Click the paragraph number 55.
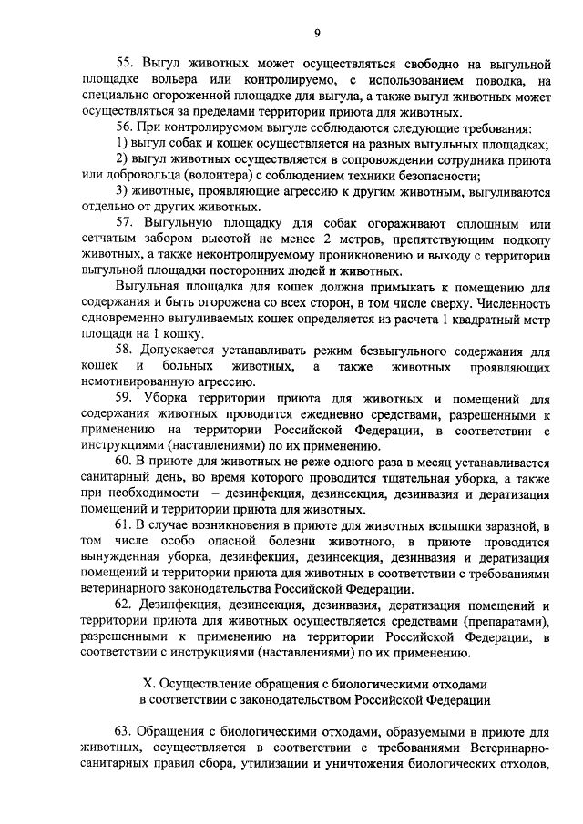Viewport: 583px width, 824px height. click(x=126, y=65)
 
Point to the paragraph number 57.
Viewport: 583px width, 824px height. click(x=126, y=223)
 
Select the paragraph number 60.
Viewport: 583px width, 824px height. click(x=126, y=462)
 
